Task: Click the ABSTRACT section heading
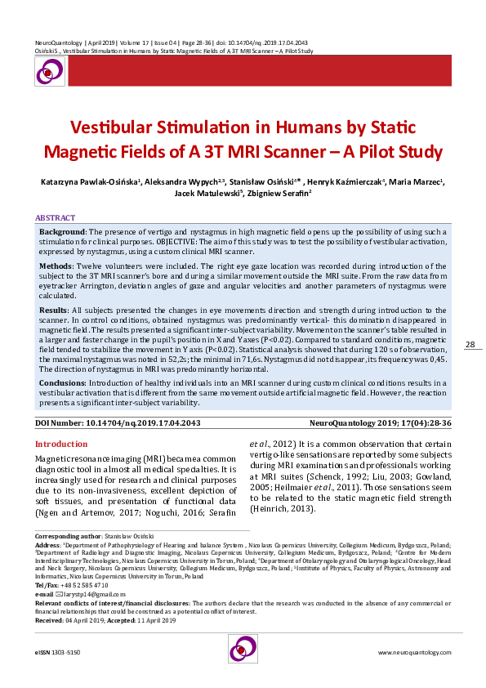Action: click(x=55, y=218)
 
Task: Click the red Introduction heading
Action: click(x=61, y=444)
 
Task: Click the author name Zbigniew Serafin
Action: click(x=272, y=195)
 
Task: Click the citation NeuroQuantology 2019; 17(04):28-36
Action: click(x=381, y=422)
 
